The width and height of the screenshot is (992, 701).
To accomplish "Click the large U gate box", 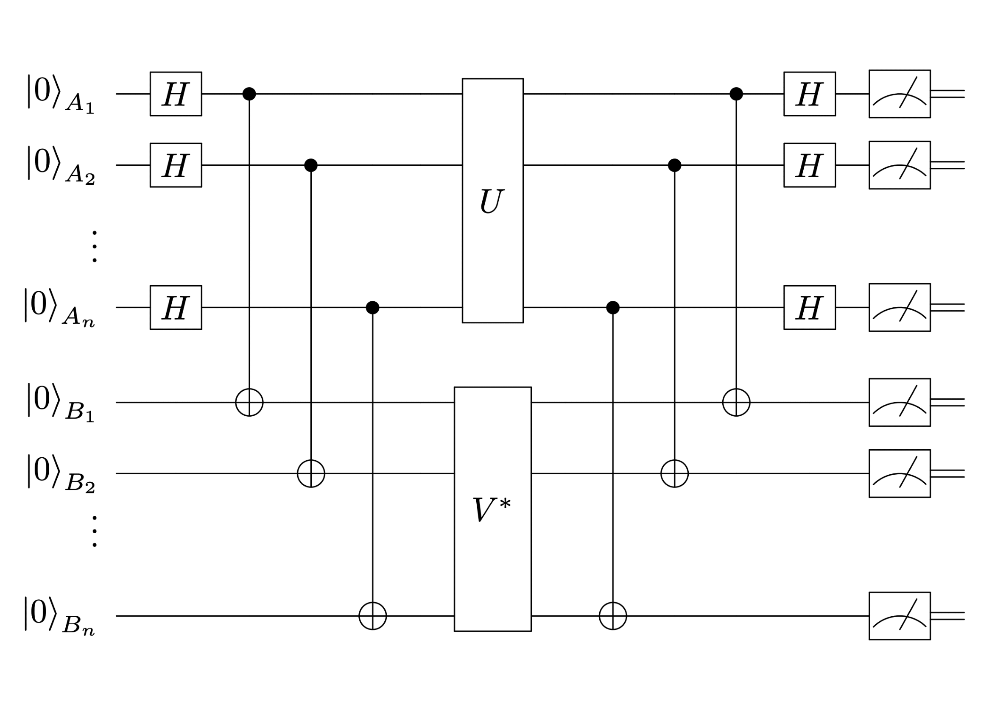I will point(492,201).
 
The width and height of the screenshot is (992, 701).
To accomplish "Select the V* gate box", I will point(492,509).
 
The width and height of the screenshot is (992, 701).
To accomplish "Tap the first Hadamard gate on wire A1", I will point(176,94).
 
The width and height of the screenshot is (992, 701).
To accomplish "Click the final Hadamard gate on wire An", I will point(810,307).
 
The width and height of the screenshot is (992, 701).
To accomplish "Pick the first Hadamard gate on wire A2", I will point(176,165).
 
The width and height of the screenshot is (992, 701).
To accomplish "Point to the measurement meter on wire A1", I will point(900,94).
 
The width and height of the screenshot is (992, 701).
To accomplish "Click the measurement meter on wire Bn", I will point(900,616).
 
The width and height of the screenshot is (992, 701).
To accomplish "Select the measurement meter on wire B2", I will point(900,473).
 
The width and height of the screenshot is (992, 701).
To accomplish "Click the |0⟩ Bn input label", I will point(59,616).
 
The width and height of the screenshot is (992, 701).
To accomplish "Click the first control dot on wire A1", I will point(249,94).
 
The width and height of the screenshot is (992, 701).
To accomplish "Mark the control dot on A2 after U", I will point(674,165).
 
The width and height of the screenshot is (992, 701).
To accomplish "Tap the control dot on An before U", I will point(372,307).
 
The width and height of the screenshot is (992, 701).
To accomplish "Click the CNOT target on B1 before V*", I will point(249,402).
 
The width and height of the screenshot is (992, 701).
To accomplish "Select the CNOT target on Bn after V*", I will point(613,616).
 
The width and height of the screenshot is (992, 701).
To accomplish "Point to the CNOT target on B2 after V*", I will point(674,473).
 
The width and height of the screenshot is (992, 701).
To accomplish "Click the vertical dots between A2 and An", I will point(95,247).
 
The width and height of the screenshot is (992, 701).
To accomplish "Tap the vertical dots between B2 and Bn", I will point(95,531).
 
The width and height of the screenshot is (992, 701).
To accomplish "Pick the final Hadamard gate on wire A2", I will point(810,165).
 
